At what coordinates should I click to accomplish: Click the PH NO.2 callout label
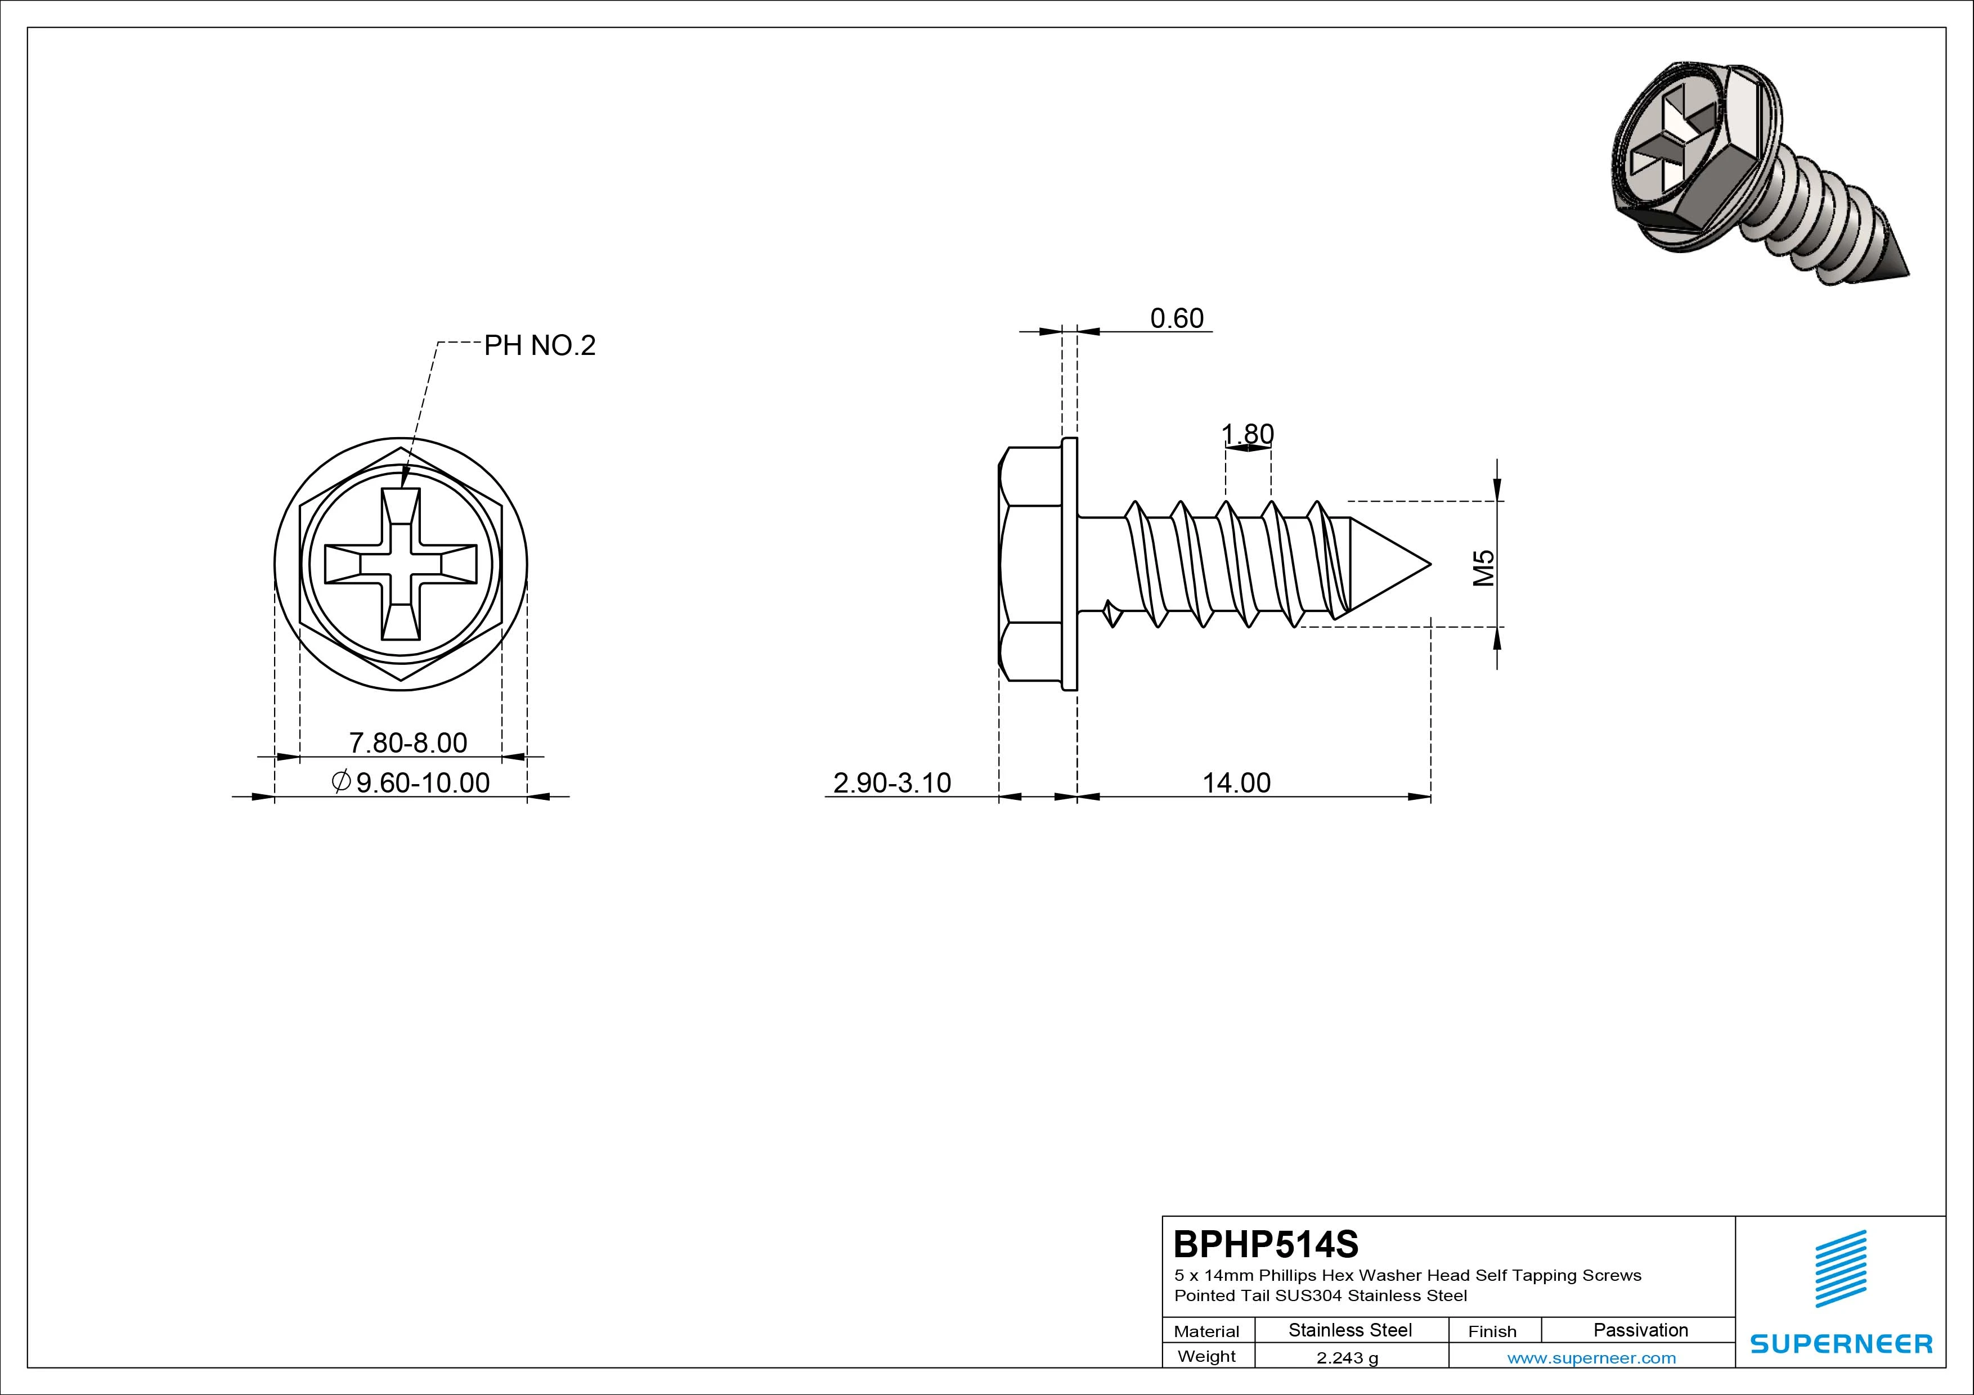click(x=540, y=345)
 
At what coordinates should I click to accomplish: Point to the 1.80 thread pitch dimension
click(x=1248, y=434)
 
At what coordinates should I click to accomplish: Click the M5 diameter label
click(x=1484, y=568)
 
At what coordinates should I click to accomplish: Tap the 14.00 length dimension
click(x=1236, y=783)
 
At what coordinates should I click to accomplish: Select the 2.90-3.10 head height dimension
click(x=892, y=783)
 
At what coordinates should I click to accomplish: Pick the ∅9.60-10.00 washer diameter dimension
click(x=410, y=783)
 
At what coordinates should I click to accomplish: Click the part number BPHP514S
click(x=1267, y=1244)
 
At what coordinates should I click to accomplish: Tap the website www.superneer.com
click(x=1591, y=1358)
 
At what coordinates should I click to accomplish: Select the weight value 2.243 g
click(x=1347, y=1358)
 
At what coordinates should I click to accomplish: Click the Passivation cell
click(x=1640, y=1330)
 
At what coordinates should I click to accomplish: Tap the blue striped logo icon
click(x=1841, y=1268)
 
